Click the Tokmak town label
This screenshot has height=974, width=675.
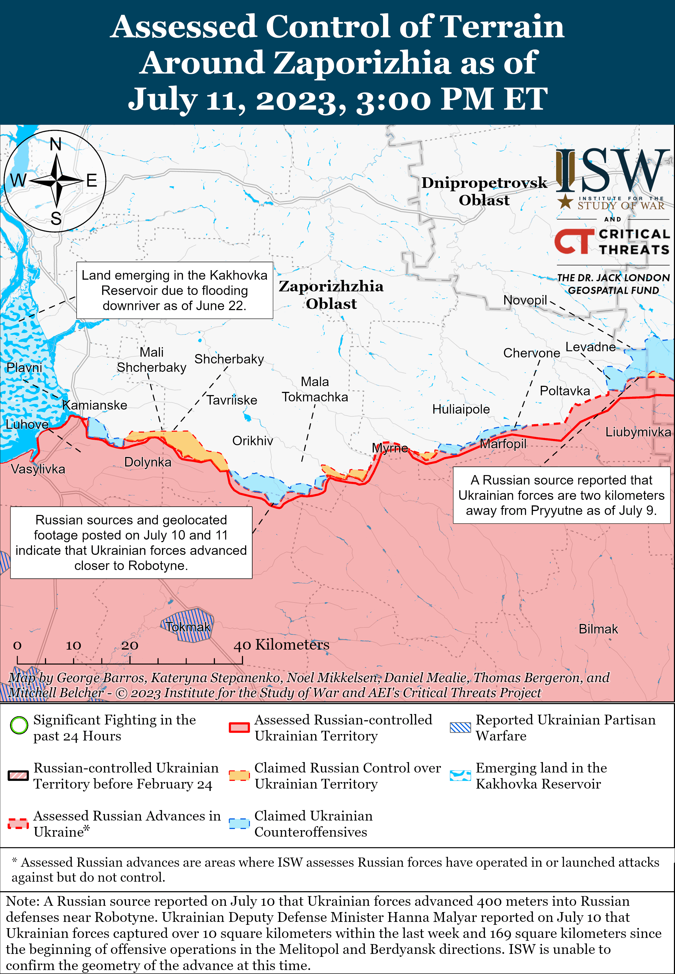[x=188, y=627]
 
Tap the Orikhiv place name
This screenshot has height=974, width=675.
[x=253, y=441]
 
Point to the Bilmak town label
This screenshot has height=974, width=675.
[x=598, y=629]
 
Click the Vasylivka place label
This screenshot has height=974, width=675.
[x=38, y=469]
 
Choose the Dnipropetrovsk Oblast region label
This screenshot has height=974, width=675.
[x=484, y=191]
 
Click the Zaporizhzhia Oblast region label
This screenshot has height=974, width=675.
[x=331, y=295]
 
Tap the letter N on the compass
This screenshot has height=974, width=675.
[x=55, y=144]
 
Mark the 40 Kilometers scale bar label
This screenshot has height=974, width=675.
[x=281, y=645]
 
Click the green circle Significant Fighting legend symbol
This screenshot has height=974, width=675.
[x=19, y=725]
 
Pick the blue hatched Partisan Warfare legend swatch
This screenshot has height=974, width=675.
[x=460, y=727]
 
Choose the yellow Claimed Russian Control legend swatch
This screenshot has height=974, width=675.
[x=239, y=775]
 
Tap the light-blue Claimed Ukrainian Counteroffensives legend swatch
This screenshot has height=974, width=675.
[x=239, y=823]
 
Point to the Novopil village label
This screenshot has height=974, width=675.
[x=525, y=300]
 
